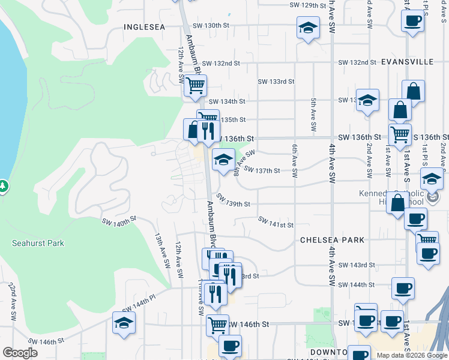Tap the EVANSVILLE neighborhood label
pyautogui.click(x=407, y=62)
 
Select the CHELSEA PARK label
pyautogui.click(x=332, y=240)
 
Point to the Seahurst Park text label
pyautogui.click(x=38, y=243)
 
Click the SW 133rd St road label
pyautogui.click(x=276, y=82)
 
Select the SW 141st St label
pyautogui.click(x=276, y=223)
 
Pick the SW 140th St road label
pyautogui.click(x=120, y=221)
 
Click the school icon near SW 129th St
pyautogui.click(x=308, y=28)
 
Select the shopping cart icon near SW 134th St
pyautogui.click(x=195, y=85)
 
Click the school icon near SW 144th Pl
pyautogui.click(x=124, y=322)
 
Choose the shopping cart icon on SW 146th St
pyautogui.click(x=217, y=325)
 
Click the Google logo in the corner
pyautogui.click(x=20, y=353)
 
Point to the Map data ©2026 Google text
pyautogui.click(x=412, y=355)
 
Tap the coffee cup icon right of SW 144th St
pyautogui.click(x=403, y=288)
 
